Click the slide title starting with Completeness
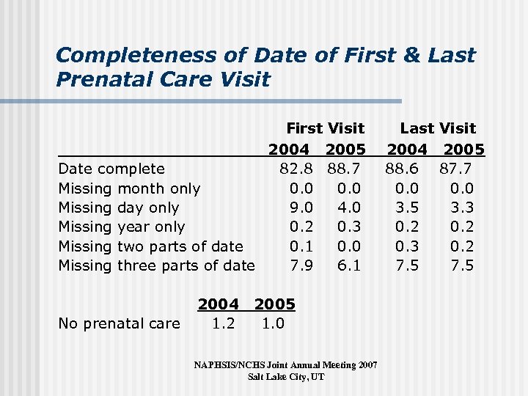point(265,67)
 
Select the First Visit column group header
point(325,129)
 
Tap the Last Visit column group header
point(438,129)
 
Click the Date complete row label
point(111,169)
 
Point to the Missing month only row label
point(129,188)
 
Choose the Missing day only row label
point(118,208)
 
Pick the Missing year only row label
point(121,227)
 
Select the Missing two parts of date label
point(150,246)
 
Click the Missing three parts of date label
point(156,265)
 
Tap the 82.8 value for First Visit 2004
point(298,169)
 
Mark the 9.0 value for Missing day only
point(302,208)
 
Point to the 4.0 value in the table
point(349,208)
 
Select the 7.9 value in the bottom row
point(302,265)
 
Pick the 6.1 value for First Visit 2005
point(349,265)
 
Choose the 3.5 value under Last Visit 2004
point(408,208)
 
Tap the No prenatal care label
point(119,323)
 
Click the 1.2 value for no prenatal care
point(223,323)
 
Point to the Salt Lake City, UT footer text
point(285,377)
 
